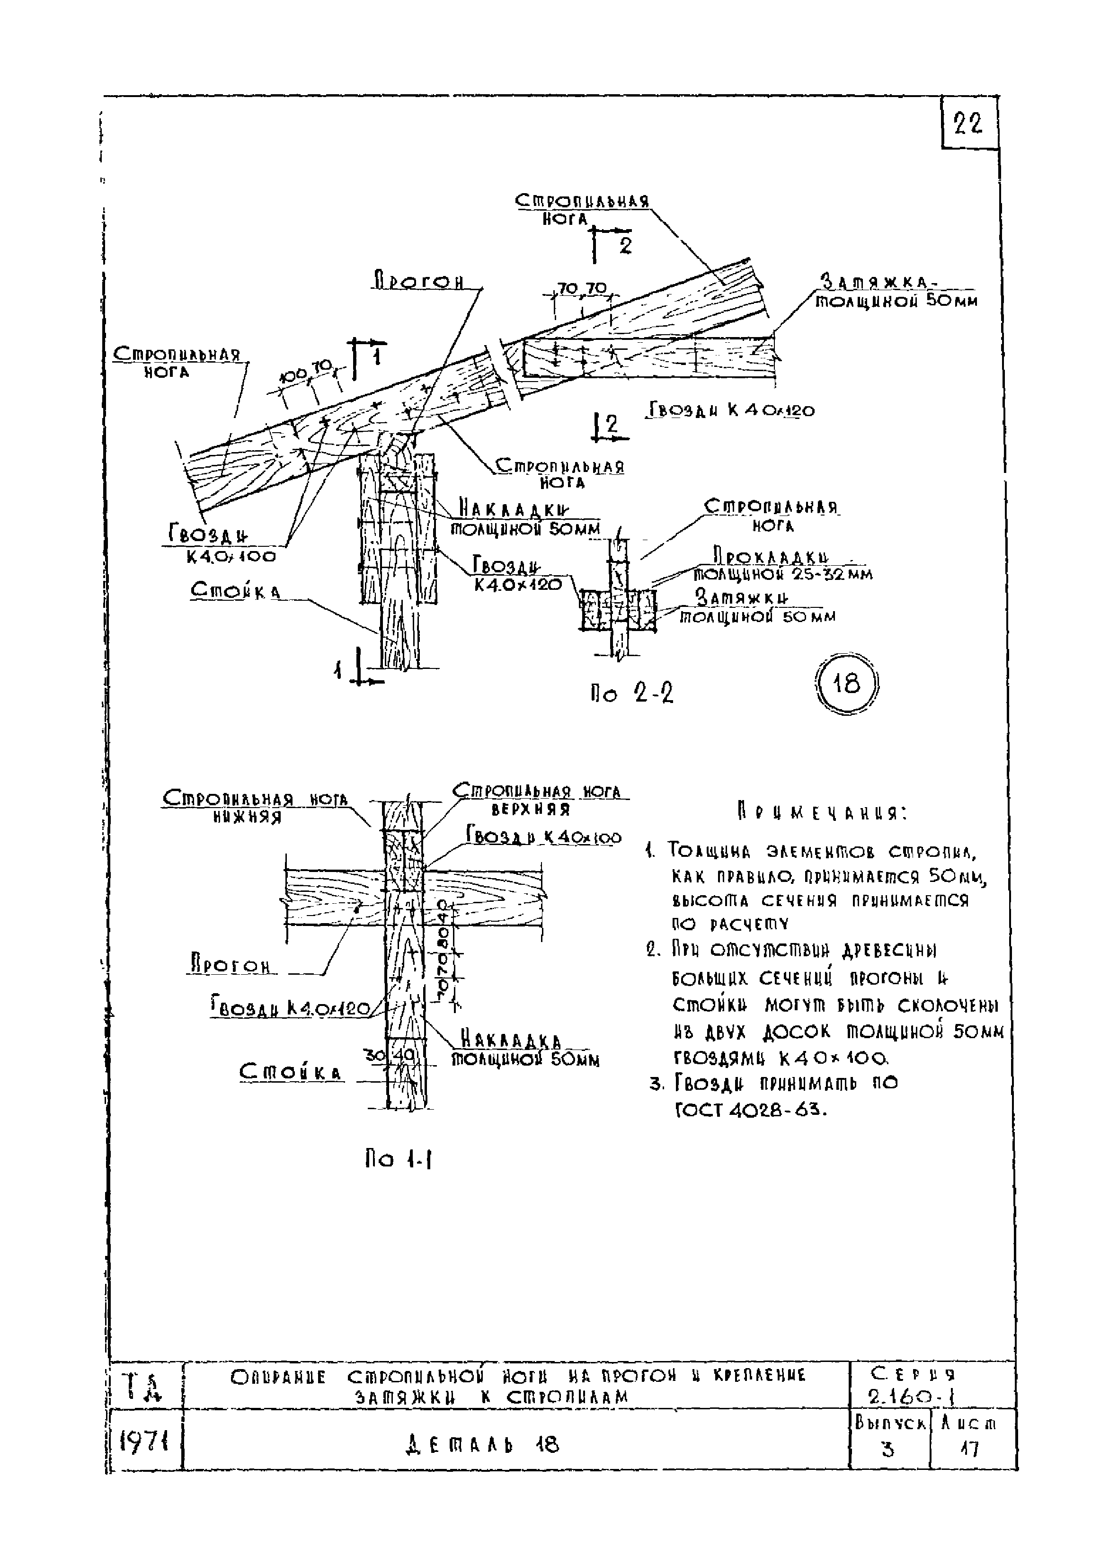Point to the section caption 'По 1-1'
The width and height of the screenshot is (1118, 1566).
[399, 1160]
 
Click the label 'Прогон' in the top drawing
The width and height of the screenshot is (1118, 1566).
[418, 282]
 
